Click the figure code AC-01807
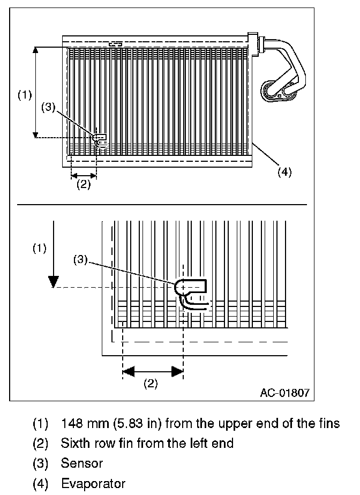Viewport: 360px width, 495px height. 284,392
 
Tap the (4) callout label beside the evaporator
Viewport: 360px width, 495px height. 284,172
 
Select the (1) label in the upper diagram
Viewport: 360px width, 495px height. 24,95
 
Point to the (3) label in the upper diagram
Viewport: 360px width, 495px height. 49,107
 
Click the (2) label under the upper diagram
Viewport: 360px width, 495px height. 82,185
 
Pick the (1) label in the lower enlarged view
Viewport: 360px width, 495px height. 40,248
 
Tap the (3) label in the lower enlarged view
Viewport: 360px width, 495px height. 80,260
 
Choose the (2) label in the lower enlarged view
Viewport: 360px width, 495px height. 151,383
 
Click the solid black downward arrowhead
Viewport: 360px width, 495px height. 52,281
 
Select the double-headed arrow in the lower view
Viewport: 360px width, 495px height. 153,370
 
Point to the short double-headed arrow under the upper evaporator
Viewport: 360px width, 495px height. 84,175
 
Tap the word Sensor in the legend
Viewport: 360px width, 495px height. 82,462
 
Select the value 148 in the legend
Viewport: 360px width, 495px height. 71,424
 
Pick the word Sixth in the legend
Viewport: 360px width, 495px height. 73,443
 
